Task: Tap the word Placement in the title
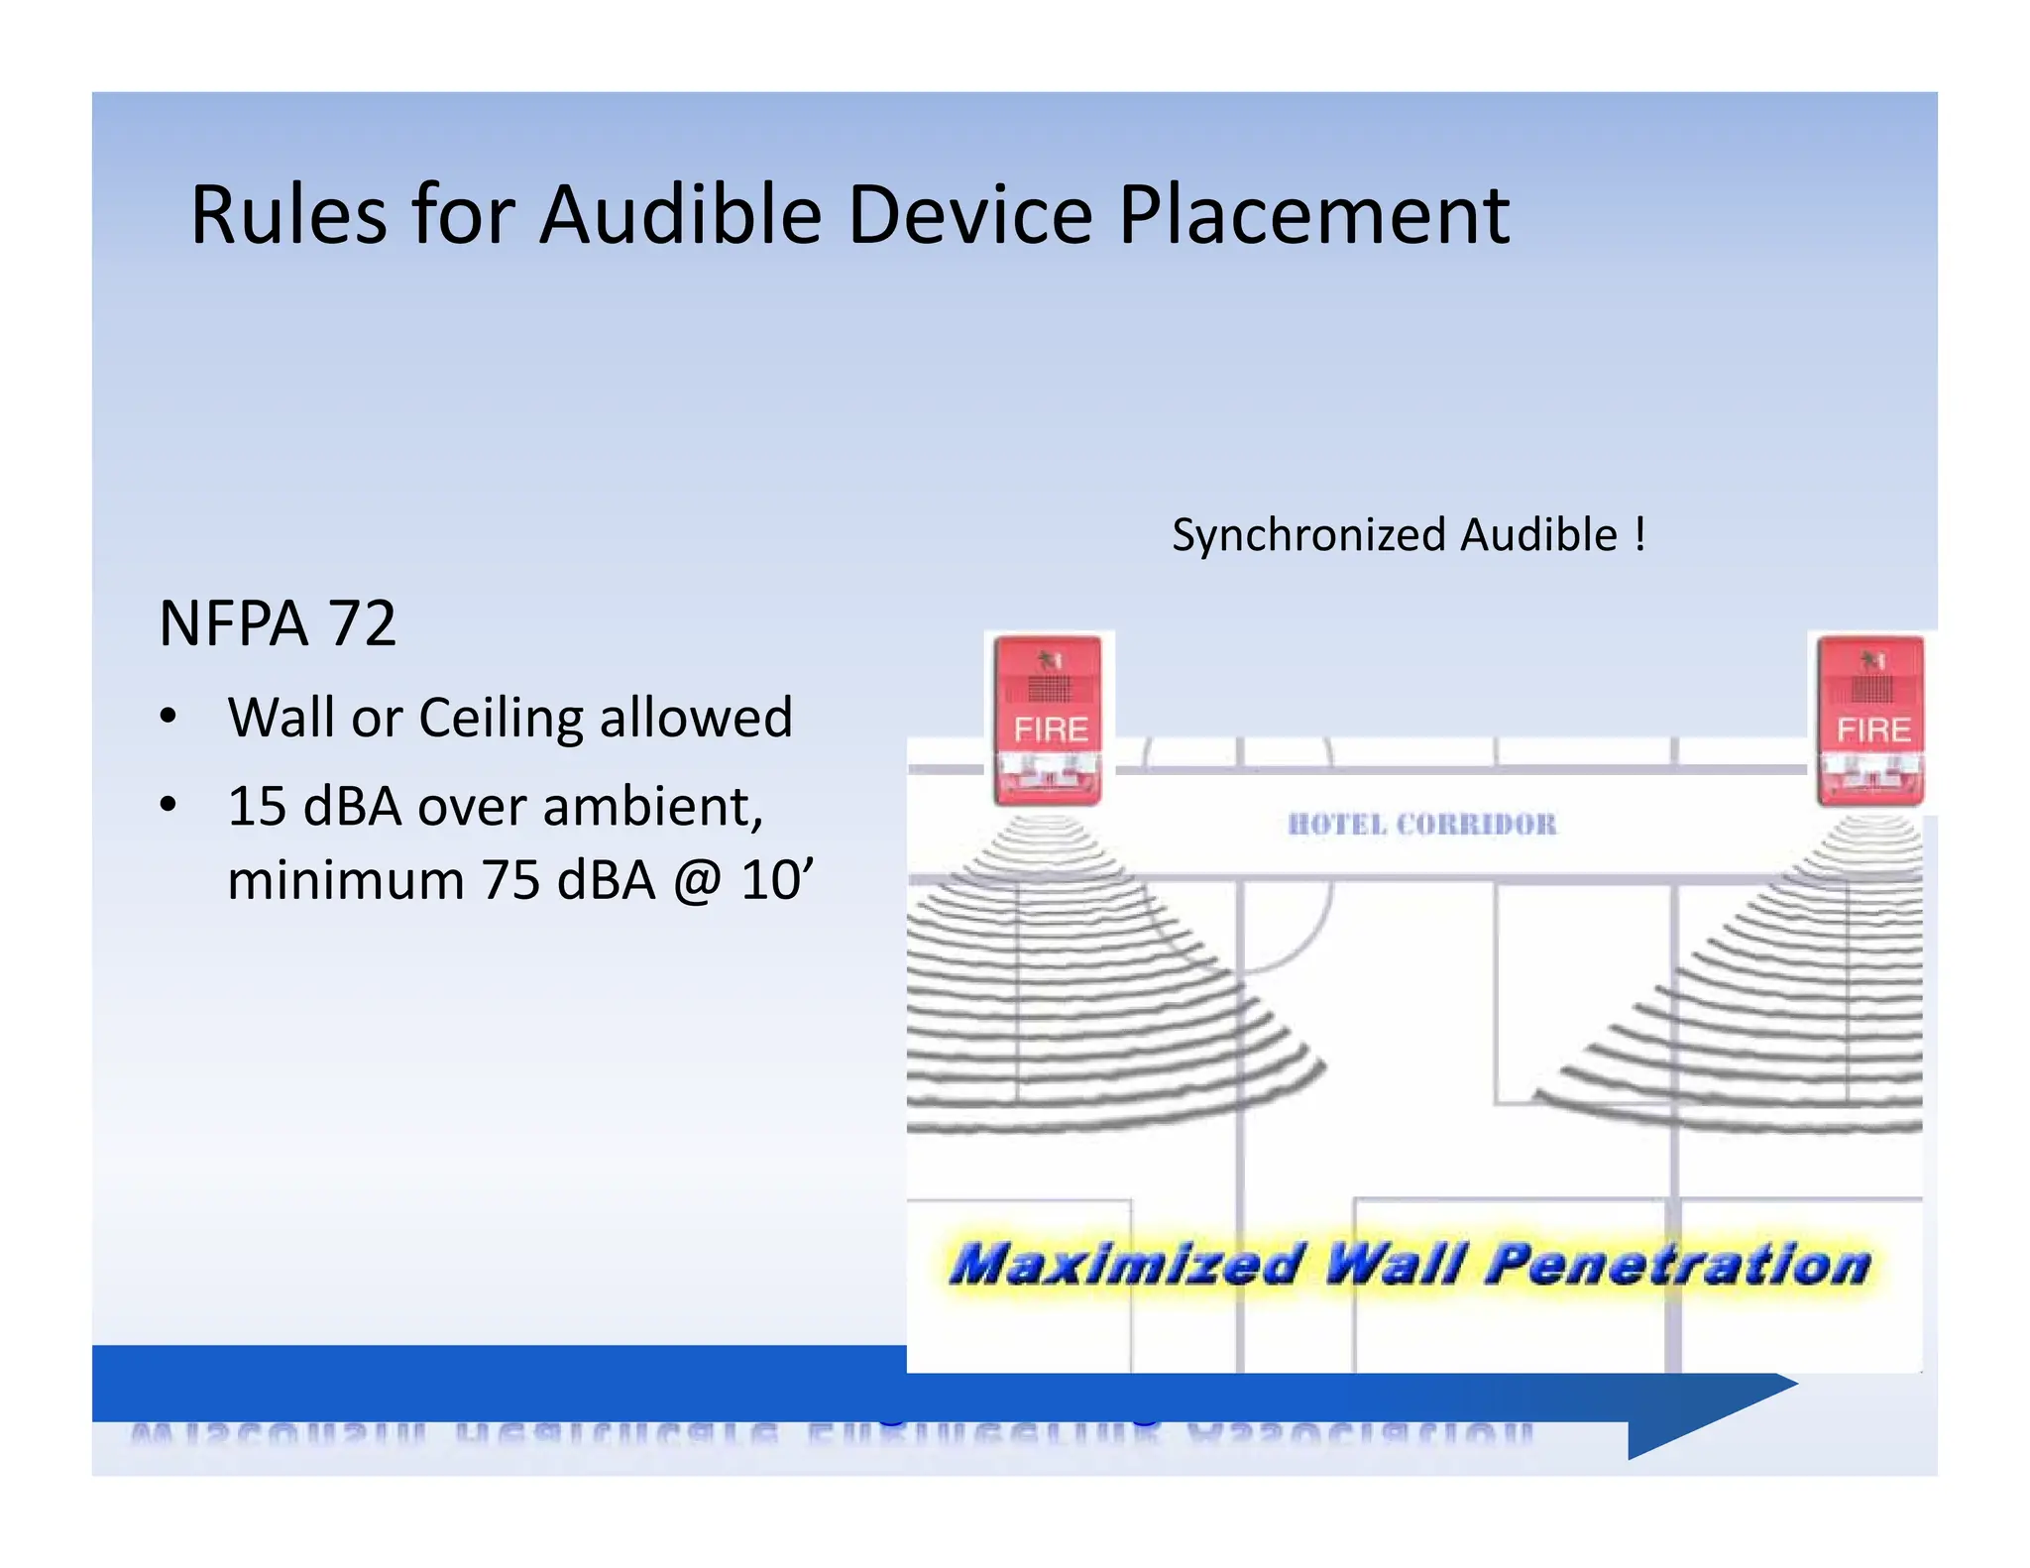click(1313, 215)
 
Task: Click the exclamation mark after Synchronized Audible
click(1640, 534)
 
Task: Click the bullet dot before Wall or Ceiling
click(169, 717)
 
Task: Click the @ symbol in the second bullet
click(698, 880)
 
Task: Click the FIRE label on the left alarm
click(1050, 730)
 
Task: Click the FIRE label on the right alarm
click(1872, 730)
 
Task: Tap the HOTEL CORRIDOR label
click(1421, 825)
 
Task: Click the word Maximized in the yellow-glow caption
click(1124, 1265)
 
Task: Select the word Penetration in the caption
click(1677, 1265)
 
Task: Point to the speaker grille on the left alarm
click(1050, 687)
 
